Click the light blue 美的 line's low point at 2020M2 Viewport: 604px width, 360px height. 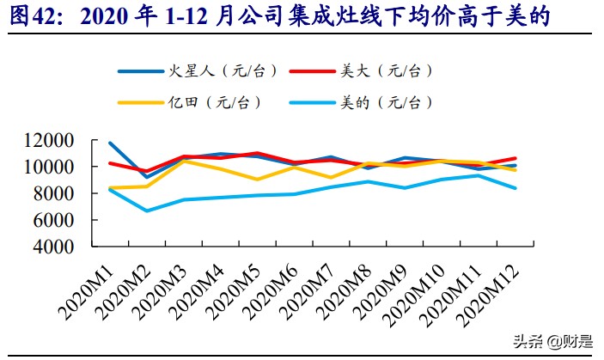(x=148, y=211)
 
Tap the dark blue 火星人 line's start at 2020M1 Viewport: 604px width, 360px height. (x=110, y=143)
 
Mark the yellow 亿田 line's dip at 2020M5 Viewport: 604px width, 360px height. (x=257, y=180)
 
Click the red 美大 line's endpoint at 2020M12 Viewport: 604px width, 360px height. (x=516, y=158)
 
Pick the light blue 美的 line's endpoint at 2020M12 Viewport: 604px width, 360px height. (x=516, y=188)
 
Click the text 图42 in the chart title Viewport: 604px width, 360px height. (x=32, y=16)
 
